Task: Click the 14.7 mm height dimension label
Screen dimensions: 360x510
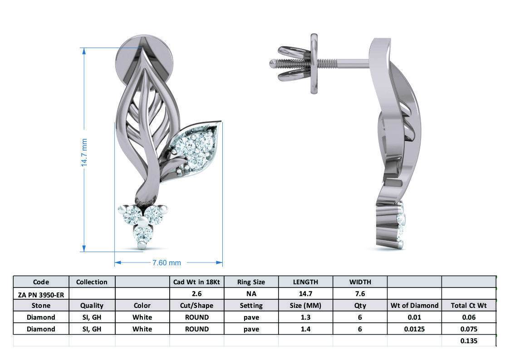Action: (84, 152)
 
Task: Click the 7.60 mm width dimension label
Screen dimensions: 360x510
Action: (167, 263)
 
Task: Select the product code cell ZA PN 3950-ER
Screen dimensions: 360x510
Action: (41, 294)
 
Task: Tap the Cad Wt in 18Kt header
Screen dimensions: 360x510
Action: (196, 282)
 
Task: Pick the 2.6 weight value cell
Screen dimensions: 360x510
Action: (196, 294)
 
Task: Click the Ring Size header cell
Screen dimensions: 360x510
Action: (251, 282)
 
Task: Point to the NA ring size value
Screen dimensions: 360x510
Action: (251, 294)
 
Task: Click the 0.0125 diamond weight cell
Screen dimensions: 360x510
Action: (414, 329)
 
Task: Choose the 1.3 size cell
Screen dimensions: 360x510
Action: (305, 317)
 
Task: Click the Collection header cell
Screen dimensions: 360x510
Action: (92, 282)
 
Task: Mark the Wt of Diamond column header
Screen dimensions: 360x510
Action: (414, 306)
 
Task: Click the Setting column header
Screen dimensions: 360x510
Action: (251, 306)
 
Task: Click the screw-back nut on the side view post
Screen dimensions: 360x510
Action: (314, 63)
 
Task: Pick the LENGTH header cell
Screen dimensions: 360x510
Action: (305, 282)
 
